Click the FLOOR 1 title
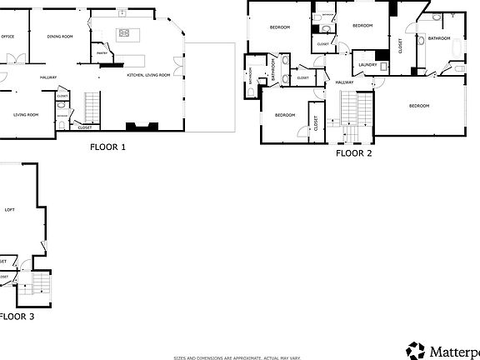[107, 147]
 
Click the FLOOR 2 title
[353, 153]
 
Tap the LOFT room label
[9, 209]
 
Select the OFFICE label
[8, 37]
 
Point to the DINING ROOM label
[60, 37]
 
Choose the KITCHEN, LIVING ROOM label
[148, 75]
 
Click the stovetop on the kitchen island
[124, 33]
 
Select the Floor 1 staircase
[91, 104]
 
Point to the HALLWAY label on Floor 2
[344, 82]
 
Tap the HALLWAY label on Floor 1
[48, 77]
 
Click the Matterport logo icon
[415, 350]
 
